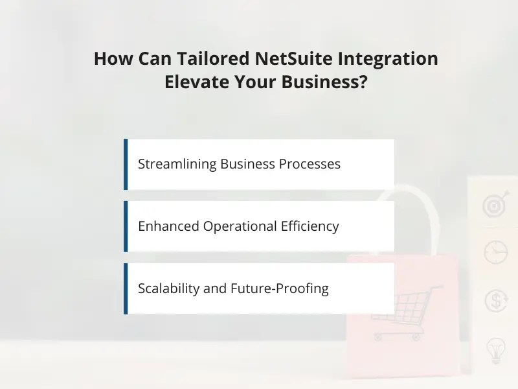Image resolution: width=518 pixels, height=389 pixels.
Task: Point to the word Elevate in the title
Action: pyautogui.click(x=210, y=83)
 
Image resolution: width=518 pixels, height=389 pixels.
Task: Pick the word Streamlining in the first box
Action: pyautogui.click(x=177, y=164)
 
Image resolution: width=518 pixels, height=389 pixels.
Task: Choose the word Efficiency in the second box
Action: pyautogui.click(x=310, y=226)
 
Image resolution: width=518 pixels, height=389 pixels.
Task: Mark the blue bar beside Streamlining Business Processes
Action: pyautogui.click(x=126, y=164)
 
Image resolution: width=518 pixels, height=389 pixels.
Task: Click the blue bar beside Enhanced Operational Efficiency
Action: pyautogui.click(x=126, y=226)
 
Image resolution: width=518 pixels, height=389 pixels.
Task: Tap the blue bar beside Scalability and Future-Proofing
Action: pyautogui.click(x=126, y=289)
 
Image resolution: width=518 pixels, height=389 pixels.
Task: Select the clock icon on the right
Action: pyautogui.click(x=496, y=252)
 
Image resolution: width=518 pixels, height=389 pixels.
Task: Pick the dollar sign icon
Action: pyautogui.click(x=496, y=301)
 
